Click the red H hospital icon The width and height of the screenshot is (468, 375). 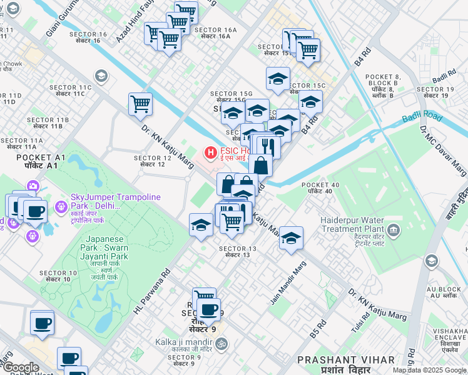tap(210, 151)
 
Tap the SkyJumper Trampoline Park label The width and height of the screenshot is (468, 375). tap(115, 202)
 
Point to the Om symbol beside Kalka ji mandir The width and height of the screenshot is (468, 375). tap(221, 342)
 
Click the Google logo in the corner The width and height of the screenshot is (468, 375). tap(20, 367)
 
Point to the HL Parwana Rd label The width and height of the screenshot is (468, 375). tap(152, 291)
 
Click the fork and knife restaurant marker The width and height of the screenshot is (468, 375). tap(267, 147)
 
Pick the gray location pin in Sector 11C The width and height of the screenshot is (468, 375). tap(103, 77)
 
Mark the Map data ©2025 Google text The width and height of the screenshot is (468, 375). tap(429, 370)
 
